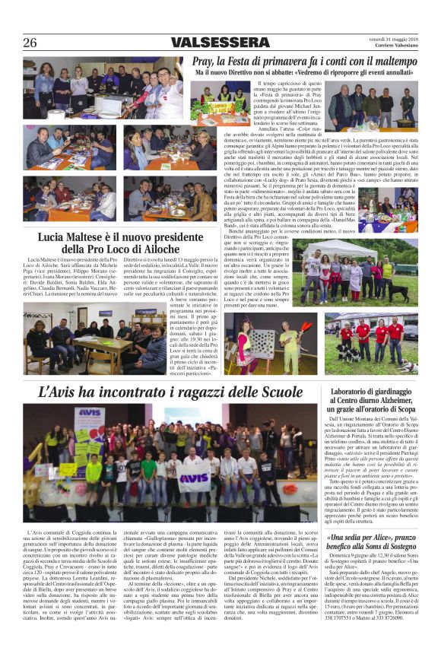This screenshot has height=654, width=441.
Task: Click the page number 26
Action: point(30,43)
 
